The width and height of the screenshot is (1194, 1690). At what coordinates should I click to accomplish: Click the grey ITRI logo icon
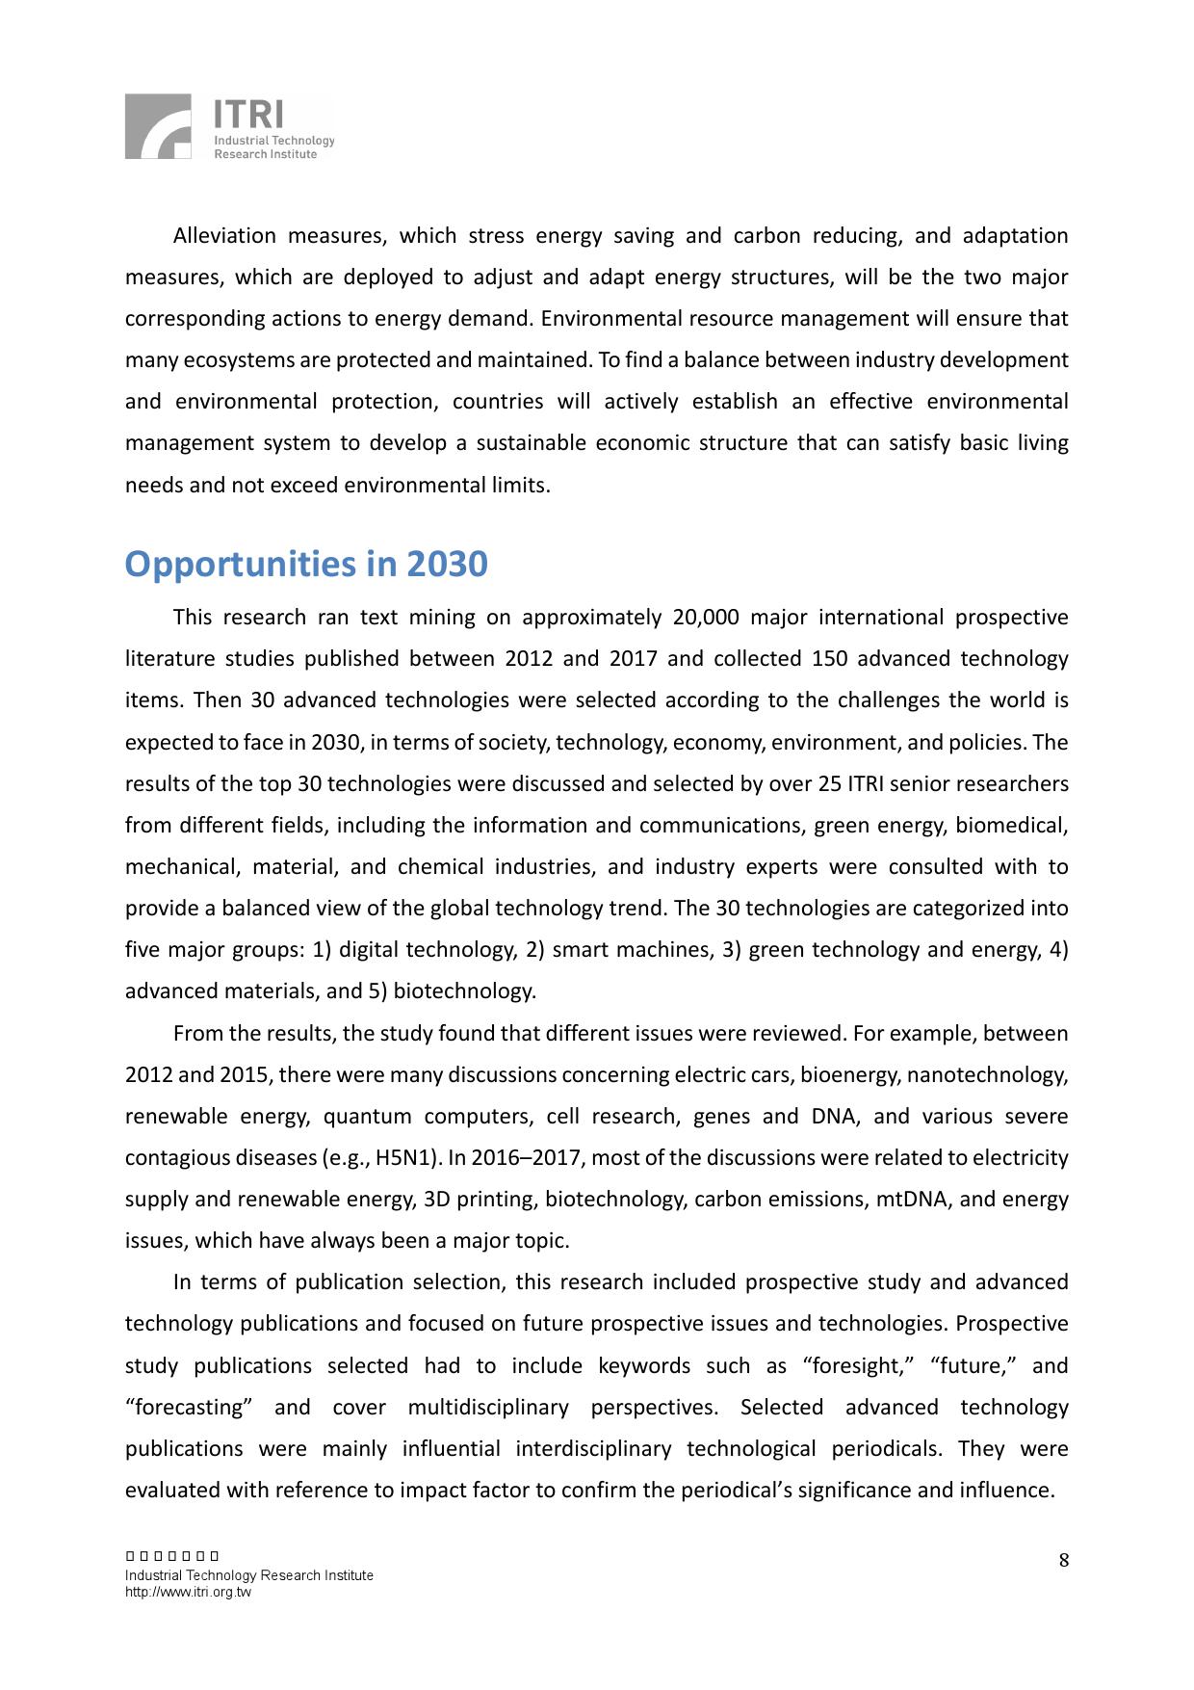tap(158, 126)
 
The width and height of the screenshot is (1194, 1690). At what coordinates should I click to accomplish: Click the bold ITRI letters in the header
tap(248, 115)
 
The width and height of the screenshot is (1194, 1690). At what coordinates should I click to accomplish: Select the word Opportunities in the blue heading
tap(241, 565)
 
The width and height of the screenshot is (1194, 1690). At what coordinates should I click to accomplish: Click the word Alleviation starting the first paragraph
tap(224, 236)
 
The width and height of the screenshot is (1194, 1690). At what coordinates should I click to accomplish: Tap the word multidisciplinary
tap(488, 1408)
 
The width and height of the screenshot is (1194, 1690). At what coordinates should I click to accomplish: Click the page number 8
tap(1064, 1561)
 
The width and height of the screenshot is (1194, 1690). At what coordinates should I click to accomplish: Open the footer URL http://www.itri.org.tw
tap(188, 1593)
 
